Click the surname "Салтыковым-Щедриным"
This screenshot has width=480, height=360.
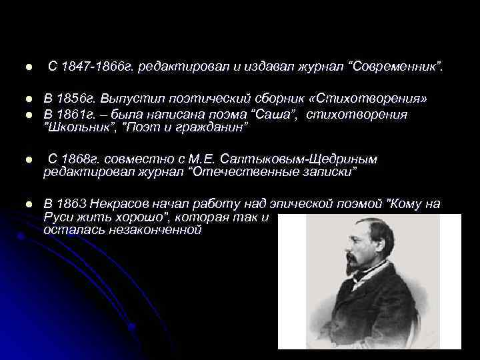pos(304,159)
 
